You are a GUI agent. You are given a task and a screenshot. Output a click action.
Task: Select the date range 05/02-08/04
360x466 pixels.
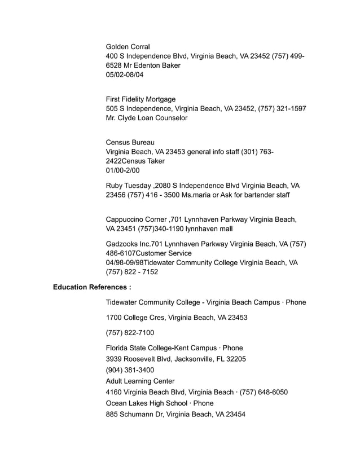tap(125, 75)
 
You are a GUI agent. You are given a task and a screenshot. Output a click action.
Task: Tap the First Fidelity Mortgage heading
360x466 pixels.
tap(141, 99)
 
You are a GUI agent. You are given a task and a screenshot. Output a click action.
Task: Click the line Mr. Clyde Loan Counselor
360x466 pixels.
tap(146, 118)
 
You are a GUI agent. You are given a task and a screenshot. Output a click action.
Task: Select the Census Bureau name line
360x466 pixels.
tap(130, 142)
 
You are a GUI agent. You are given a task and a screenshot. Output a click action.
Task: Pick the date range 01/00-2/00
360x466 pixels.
tap(122, 170)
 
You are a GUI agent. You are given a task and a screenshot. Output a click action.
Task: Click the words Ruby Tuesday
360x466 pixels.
tap(128, 186)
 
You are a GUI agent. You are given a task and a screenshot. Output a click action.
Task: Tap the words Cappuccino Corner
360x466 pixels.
tap(135, 219)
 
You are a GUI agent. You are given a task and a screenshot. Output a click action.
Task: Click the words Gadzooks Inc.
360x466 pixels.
tap(128, 244)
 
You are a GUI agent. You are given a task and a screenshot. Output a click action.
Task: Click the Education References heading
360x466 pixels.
tap(92, 288)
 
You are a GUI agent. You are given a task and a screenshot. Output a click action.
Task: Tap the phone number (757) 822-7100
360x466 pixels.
tap(130, 333)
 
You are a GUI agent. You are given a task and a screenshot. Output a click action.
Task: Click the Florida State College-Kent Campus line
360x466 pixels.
tap(164, 348)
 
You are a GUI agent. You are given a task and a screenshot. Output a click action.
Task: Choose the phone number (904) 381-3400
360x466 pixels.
tap(130, 370)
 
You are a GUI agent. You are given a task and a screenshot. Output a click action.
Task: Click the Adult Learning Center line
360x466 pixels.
tap(140, 381)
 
